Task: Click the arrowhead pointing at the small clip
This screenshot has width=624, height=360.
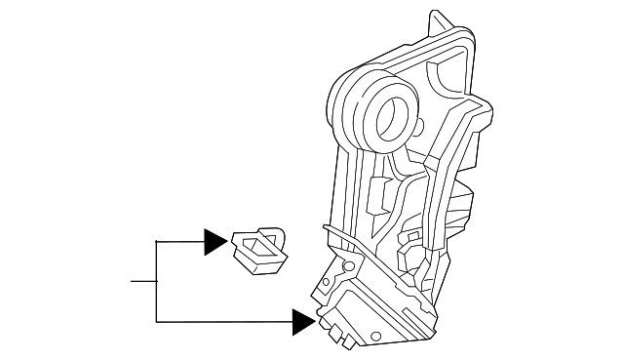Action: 214,241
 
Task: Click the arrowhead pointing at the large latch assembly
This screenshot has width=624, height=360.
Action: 304,321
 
